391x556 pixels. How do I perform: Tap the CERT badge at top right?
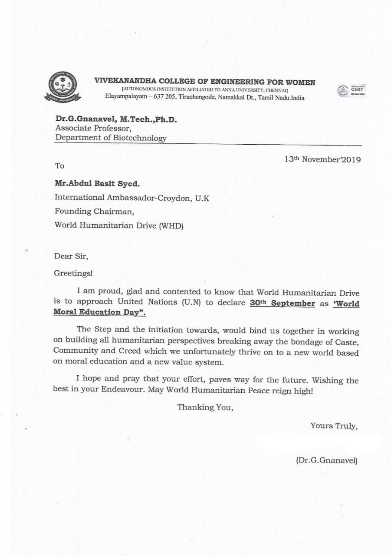pyautogui.click(x=351, y=91)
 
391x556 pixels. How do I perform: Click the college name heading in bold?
pyautogui.click(x=205, y=82)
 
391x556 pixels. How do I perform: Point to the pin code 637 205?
pyautogui.click(x=164, y=98)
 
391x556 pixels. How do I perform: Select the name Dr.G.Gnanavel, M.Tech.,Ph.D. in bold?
pyautogui.click(x=116, y=119)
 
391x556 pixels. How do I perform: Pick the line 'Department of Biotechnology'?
pyautogui.click(x=110, y=138)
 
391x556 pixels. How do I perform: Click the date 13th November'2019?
pyautogui.click(x=322, y=159)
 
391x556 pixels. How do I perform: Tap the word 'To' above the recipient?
pyautogui.click(x=59, y=166)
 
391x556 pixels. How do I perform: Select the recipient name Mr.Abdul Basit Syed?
pyautogui.click(x=97, y=183)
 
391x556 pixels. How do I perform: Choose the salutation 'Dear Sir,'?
pyautogui.click(x=71, y=256)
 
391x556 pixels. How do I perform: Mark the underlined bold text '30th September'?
pyautogui.click(x=282, y=303)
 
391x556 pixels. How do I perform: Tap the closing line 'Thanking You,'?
pyautogui.click(x=205, y=407)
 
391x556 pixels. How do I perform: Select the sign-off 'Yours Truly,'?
pyautogui.click(x=334, y=426)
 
